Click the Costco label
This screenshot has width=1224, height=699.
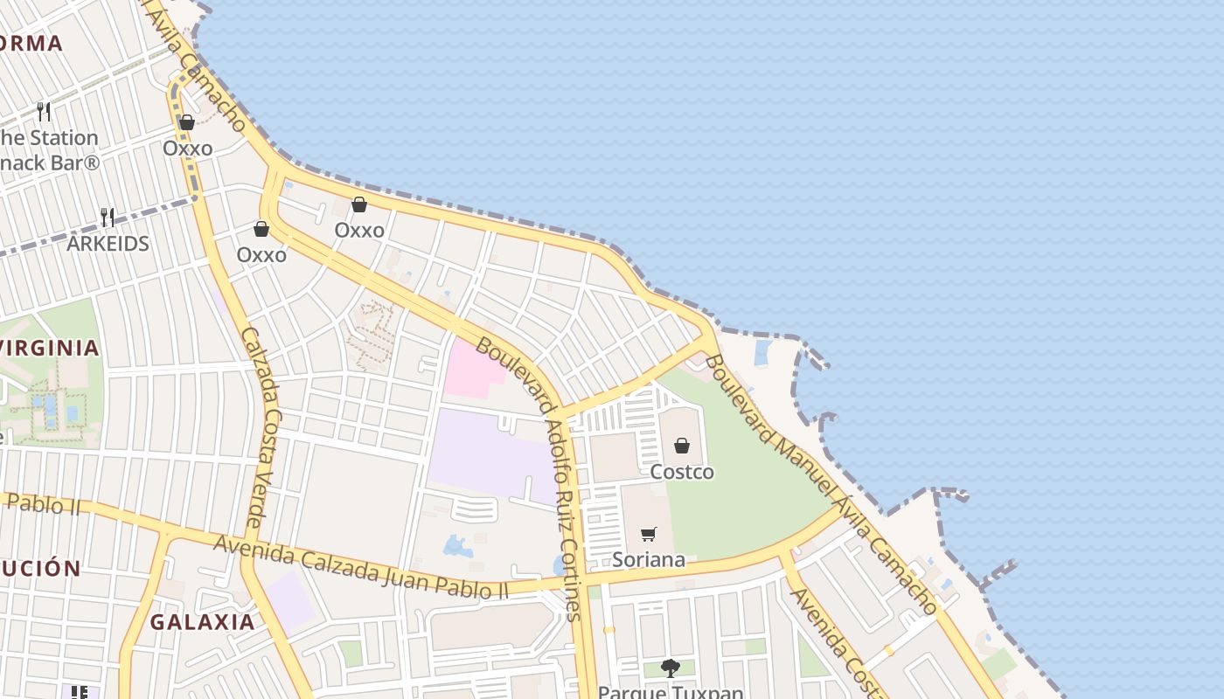click(x=682, y=472)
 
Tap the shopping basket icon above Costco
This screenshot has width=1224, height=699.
click(x=682, y=446)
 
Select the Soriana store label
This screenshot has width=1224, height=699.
click(x=649, y=559)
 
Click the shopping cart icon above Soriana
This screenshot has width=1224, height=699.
click(x=649, y=534)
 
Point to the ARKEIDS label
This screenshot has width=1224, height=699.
click(x=108, y=243)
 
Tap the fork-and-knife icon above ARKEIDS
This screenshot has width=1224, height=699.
click(x=108, y=216)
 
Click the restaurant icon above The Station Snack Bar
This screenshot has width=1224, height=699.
click(x=44, y=112)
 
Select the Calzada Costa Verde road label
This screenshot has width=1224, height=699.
click(x=259, y=428)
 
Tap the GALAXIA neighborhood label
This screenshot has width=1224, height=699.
click(x=202, y=622)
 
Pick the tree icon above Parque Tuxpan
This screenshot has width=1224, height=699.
click(x=671, y=668)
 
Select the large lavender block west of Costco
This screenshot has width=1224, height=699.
click(x=490, y=454)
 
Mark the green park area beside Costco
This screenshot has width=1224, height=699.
click(x=752, y=489)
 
